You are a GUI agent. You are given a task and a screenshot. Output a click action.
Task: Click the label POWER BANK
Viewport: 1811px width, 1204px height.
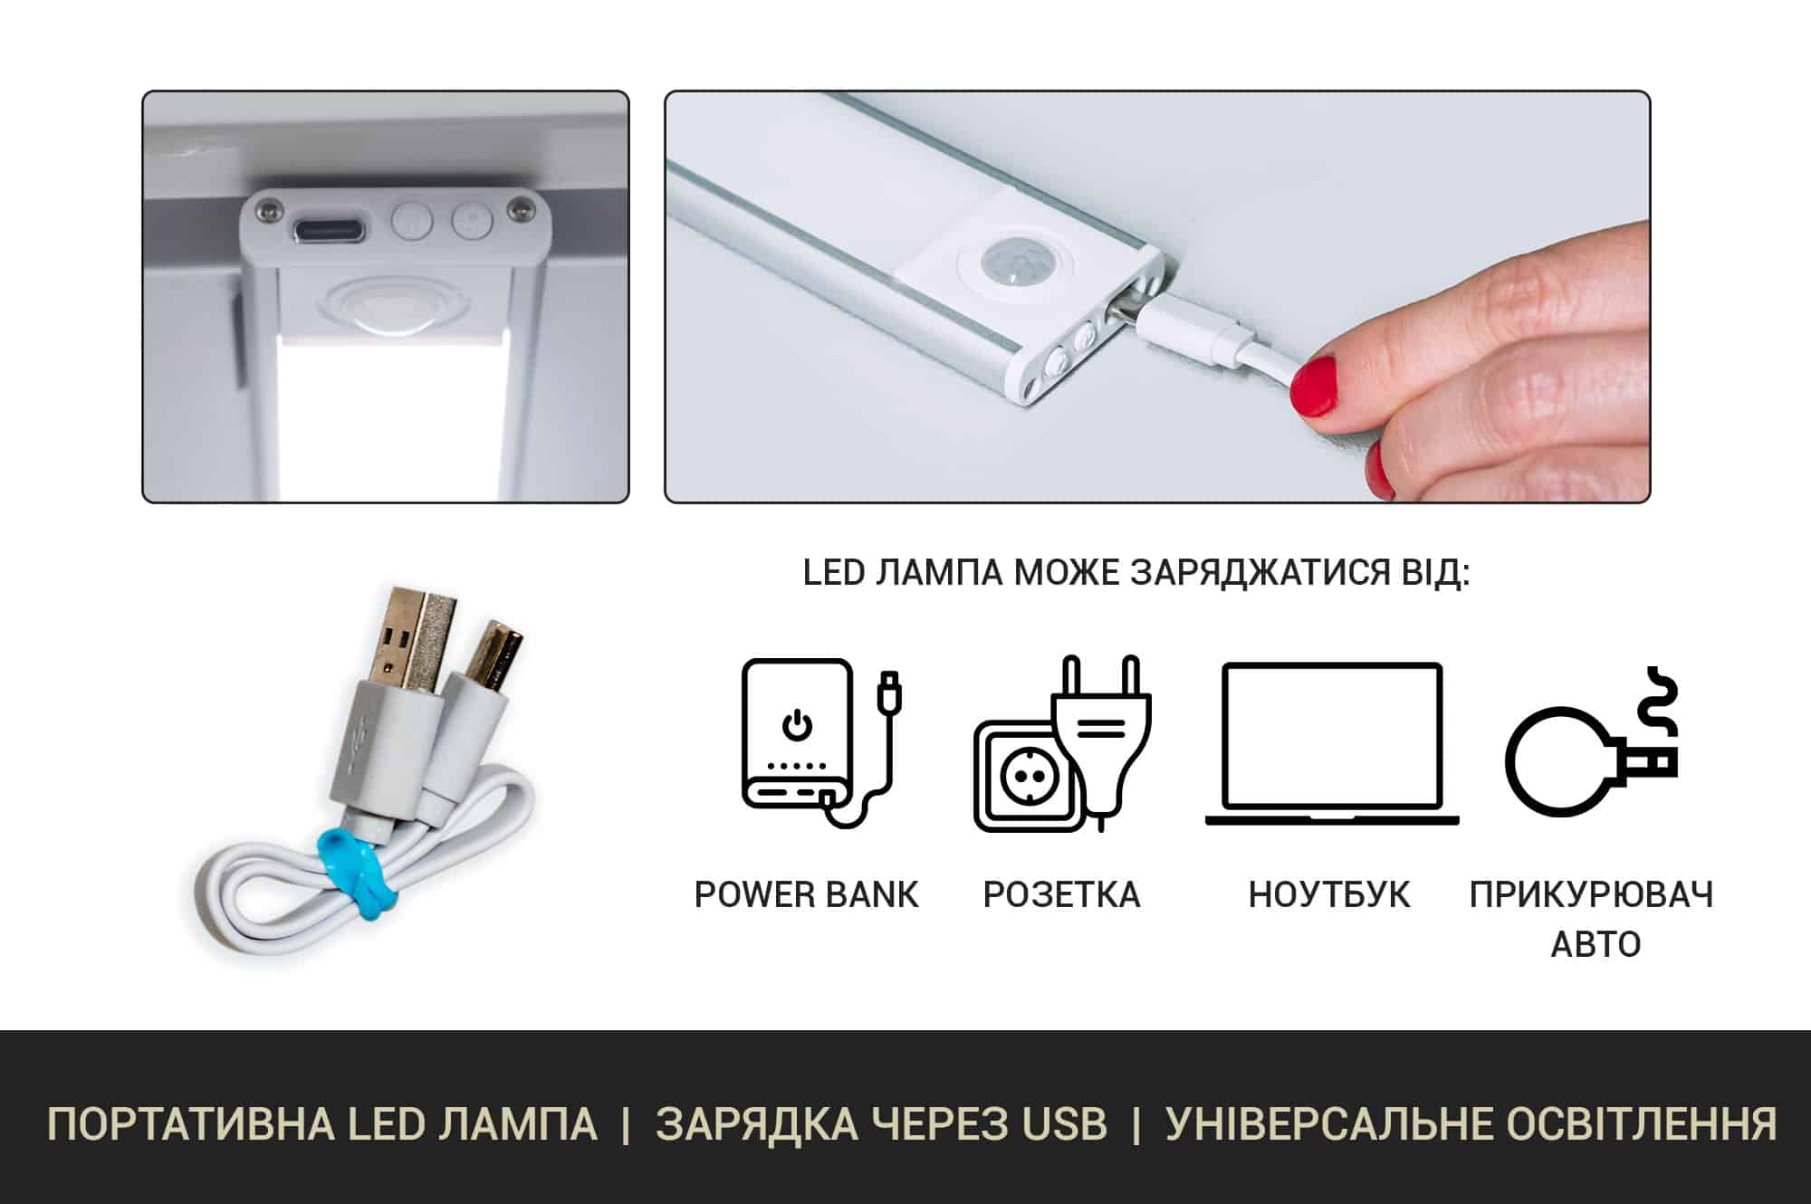click(806, 894)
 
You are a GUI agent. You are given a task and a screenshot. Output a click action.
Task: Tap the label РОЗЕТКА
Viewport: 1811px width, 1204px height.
click(1061, 894)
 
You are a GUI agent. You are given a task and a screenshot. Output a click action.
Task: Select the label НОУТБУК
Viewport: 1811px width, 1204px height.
click(1329, 894)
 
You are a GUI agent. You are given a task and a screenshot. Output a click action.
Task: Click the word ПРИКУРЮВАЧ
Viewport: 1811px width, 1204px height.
click(1591, 894)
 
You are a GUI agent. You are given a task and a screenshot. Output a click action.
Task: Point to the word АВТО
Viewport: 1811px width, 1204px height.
click(1595, 944)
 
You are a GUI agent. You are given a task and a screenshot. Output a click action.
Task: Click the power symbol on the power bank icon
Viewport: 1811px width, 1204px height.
click(797, 725)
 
